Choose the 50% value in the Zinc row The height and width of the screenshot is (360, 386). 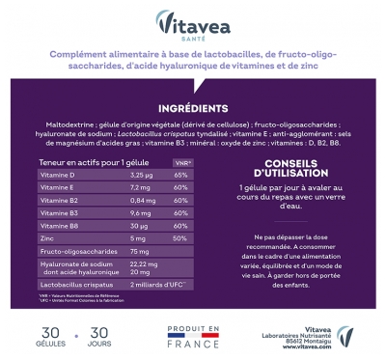coord(179,238)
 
